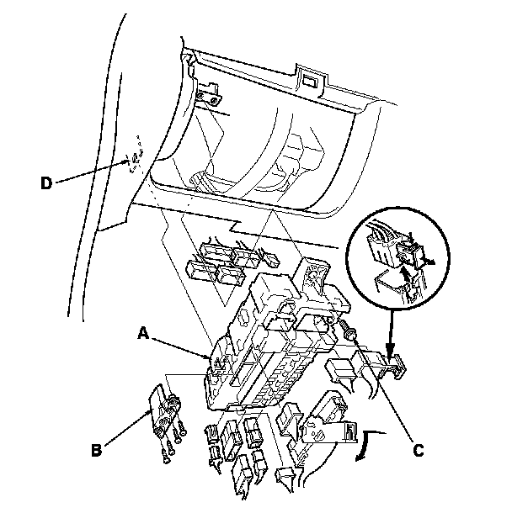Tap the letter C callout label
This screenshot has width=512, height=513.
(x=418, y=448)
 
